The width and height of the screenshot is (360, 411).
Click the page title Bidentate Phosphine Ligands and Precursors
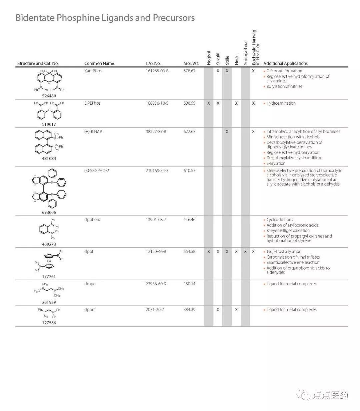click(x=105, y=18)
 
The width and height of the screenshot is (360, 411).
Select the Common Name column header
click(x=99, y=63)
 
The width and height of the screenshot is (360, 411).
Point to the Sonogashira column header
click(x=245, y=53)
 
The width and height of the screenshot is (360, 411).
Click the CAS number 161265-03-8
click(x=157, y=71)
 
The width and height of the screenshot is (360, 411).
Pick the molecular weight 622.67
click(x=189, y=132)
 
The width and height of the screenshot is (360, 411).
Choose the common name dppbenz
click(x=92, y=220)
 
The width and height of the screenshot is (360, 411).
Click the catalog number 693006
click(x=49, y=212)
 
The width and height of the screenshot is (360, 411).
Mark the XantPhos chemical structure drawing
click(x=49, y=80)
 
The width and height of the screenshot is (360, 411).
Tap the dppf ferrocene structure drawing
click(x=49, y=261)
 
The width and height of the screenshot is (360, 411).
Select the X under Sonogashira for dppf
click(x=245, y=252)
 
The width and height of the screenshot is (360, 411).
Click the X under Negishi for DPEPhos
click(x=209, y=103)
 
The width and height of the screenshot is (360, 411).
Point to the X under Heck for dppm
click(x=236, y=310)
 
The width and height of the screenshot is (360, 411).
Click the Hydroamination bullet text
click(x=281, y=103)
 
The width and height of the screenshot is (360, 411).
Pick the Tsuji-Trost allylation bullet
click(x=284, y=252)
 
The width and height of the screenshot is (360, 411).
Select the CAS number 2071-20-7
click(x=156, y=310)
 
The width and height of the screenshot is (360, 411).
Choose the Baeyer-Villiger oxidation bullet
click(x=288, y=231)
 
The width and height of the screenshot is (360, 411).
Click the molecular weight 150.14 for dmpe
click(x=189, y=284)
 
